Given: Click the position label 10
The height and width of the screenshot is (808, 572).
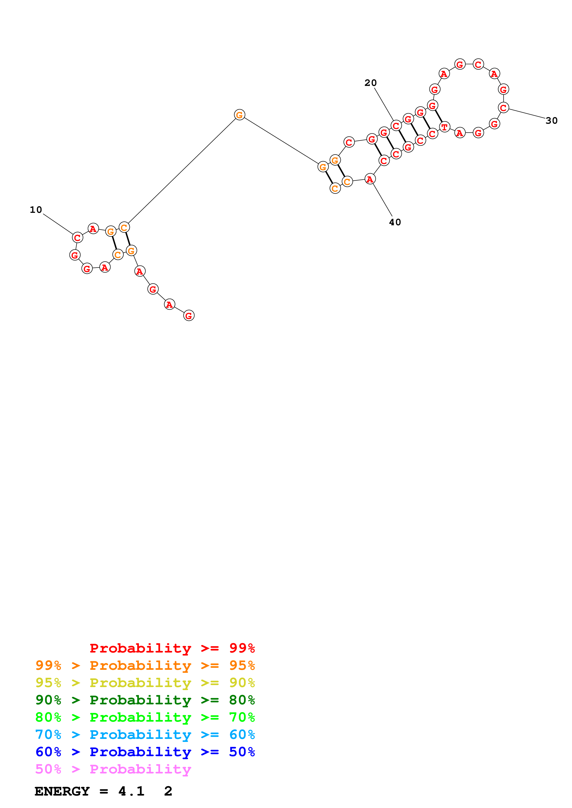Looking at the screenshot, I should point(36,210).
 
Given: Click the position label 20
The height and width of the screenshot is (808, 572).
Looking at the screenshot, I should point(370,83).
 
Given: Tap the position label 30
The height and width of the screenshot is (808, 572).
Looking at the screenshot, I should point(551,121).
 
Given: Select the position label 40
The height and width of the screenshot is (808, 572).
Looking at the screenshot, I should point(395,222).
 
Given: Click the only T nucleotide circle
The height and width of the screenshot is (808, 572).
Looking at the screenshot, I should point(444,127).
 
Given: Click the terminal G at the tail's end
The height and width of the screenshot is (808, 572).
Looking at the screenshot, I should point(189,316).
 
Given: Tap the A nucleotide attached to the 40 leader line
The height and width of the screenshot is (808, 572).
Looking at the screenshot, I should point(370,179).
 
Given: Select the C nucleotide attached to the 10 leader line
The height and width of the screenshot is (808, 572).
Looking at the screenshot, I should point(77,237).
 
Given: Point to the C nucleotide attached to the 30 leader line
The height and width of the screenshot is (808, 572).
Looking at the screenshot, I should point(503,108).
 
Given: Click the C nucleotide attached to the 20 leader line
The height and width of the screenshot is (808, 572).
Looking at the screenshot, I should point(396,126).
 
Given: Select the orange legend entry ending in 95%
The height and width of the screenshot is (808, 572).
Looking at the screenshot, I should point(145,665).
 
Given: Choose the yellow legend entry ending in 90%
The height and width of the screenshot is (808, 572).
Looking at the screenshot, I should point(145,683).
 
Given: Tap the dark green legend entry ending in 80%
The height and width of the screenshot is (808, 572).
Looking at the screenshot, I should point(145,700).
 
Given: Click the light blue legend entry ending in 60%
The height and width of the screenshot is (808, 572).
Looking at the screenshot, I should point(145,735).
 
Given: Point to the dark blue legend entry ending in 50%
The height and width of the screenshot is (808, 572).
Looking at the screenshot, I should point(145,752).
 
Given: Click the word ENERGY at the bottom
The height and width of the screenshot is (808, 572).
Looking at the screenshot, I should point(62,791).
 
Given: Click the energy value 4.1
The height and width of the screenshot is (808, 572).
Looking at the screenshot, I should point(131,791).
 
